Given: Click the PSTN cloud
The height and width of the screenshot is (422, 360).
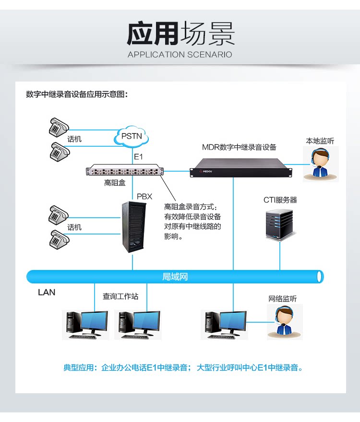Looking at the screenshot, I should pyautogui.click(x=131, y=137).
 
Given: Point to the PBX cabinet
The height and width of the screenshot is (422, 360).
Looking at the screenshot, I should pyautogui.click(x=132, y=227).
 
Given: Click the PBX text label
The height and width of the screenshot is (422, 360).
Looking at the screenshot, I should pyautogui.click(x=144, y=196).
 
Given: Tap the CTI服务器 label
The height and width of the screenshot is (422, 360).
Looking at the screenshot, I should pyautogui.click(x=280, y=199).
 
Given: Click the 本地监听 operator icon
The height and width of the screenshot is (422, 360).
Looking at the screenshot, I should pyautogui.click(x=320, y=163).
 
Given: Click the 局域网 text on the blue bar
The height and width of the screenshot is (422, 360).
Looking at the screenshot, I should pyautogui.click(x=175, y=277).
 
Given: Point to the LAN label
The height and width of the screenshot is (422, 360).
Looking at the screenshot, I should pyautogui.click(x=47, y=292).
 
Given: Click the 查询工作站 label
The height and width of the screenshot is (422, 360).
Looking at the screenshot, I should pyautogui.click(x=120, y=296).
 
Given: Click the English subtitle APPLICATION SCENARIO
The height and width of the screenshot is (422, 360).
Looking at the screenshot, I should pyautogui.click(x=180, y=55).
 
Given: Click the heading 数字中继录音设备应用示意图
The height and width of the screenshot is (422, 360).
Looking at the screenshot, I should pyautogui.click(x=77, y=94).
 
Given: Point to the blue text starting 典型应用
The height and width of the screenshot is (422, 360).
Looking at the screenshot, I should pyautogui.click(x=183, y=368).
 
